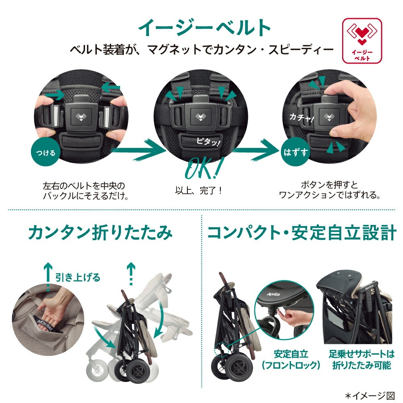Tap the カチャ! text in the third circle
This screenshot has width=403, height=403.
coord(301,117)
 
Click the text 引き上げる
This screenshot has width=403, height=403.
coord(78,277)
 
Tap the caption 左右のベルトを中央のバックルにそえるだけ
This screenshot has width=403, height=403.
coord(84,191)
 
